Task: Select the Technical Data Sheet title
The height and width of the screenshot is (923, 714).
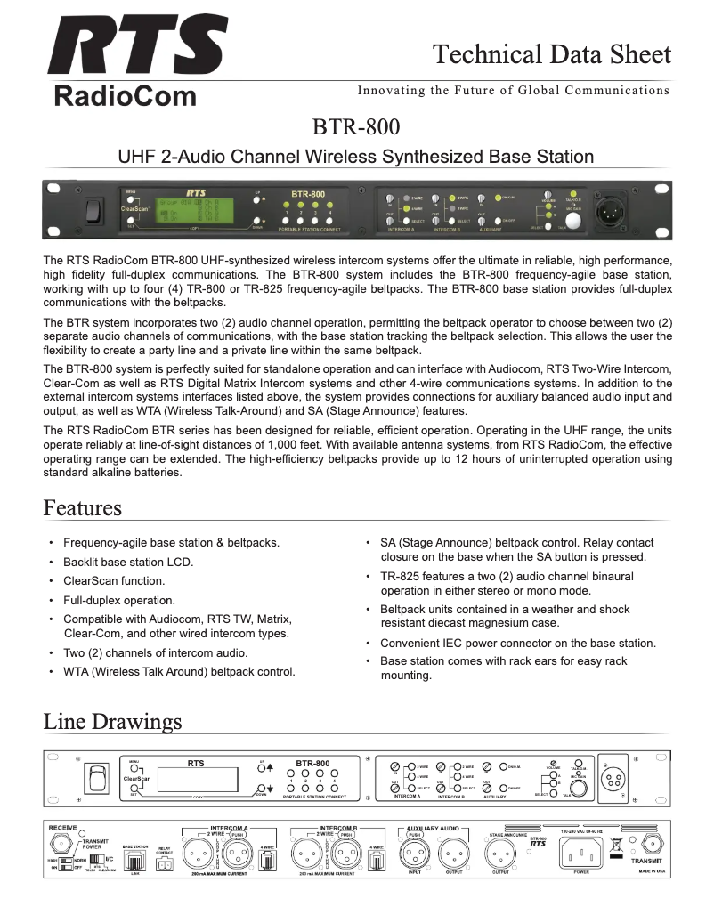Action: (551, 54)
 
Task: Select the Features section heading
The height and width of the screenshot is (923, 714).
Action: (82, 508)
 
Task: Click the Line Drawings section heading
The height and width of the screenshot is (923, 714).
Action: (112, 720)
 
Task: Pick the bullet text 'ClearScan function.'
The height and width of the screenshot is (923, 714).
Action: (114, 581)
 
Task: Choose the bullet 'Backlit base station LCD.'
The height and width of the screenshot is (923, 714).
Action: (128, 563)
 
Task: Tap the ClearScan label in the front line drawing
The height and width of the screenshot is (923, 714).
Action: (138, 778)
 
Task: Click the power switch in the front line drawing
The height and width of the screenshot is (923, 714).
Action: (91, 778)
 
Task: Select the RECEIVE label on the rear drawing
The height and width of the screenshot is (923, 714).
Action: (62, 827)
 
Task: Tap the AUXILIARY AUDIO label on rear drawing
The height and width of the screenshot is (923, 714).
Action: (433, 828)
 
